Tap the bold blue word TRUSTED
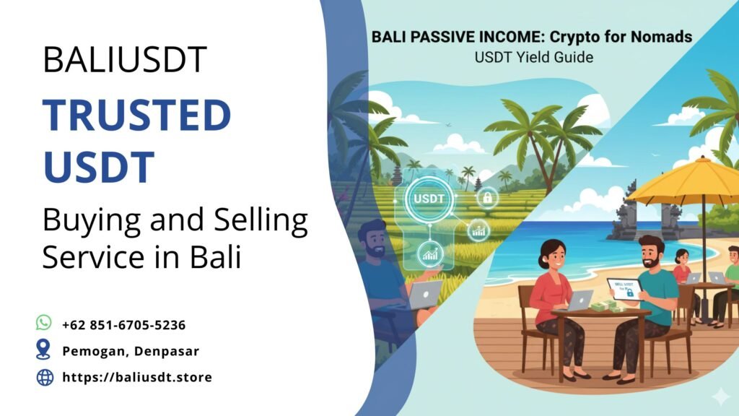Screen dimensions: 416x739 coord(136,116)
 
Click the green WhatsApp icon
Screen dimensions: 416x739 coord(44,323)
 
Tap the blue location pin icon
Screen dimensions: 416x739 coord(44,350)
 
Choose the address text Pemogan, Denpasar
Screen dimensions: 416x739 coord(130,351)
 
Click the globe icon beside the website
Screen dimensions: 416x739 coord(45,377)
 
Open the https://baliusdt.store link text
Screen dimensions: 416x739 coord(137,377)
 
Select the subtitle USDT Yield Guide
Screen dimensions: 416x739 coord(534,56)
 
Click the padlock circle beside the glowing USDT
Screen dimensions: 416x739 coord(487,196)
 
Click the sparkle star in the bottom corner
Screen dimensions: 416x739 coord(720,396)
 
